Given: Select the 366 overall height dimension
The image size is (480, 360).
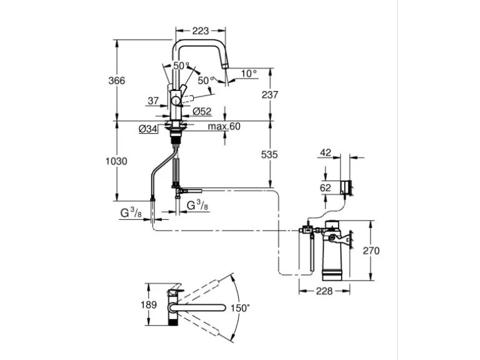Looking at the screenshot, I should pos(117,81).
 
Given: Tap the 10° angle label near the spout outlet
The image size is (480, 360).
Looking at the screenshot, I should pos(249,73).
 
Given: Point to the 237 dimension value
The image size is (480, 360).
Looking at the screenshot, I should pos(270,95).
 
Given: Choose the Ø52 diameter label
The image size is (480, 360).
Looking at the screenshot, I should pos(202,111).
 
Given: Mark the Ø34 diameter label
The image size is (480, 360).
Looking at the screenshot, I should pos(147,129).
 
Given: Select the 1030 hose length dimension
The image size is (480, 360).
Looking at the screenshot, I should pos(117,161).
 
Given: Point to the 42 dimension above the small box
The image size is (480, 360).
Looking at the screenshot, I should pos(326,153).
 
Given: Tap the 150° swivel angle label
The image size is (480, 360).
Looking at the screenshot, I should pos(240,308).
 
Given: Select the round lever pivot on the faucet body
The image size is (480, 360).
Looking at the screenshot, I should pos(176,100).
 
